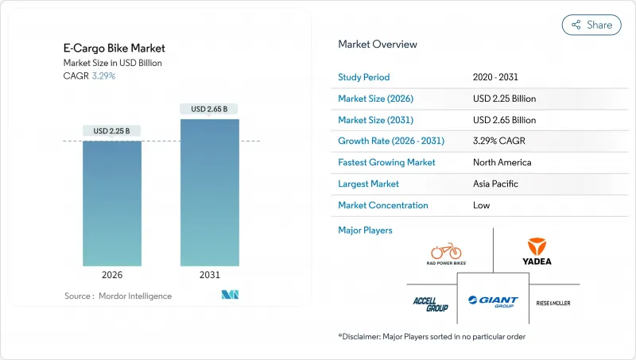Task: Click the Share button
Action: (x=591, y=25)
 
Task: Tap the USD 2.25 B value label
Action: (x=112, y=131)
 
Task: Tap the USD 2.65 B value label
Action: (x=210, y=109)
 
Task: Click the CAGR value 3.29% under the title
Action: (x=103, y=76)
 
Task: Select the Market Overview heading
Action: (x=378, y=45)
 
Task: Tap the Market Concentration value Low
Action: (x=480, y=205)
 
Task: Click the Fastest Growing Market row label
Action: (x=386, y=162)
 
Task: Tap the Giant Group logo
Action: (x=493, y=301)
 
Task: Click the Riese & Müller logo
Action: (x=553, y=303)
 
